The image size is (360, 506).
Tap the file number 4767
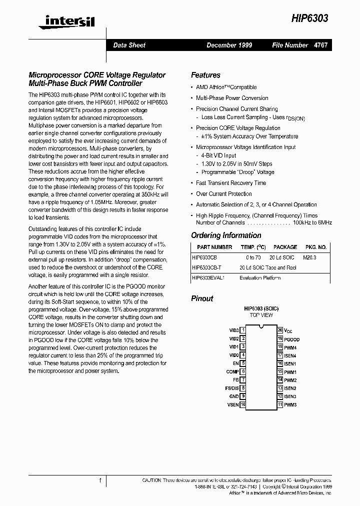tap(320, 45)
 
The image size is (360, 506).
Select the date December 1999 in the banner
tap(229, 45)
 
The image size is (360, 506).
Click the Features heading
tap(205, 75)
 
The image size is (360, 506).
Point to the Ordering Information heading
tap(226, 235)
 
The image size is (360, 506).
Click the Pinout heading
tap(202, 298)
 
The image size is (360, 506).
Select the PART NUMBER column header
tap(214, 247)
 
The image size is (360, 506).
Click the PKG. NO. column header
tap(315, 247)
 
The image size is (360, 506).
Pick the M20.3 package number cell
tap(310, 257)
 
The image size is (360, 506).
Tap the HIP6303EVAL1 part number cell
tap(208, 278)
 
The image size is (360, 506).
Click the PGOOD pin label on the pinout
tap(292, 339)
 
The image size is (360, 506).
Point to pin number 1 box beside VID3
tap(243, 330)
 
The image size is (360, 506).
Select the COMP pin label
tap(232, 371)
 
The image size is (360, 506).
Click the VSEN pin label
tap(233, 404)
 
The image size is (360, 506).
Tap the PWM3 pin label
tap(290, 404)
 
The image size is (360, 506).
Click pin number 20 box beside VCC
tap(280, 330)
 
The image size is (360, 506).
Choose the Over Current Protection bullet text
tap(224, 193)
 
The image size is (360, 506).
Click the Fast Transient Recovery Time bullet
tap(231, 183)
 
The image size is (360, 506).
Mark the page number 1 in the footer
tap(100, 480)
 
